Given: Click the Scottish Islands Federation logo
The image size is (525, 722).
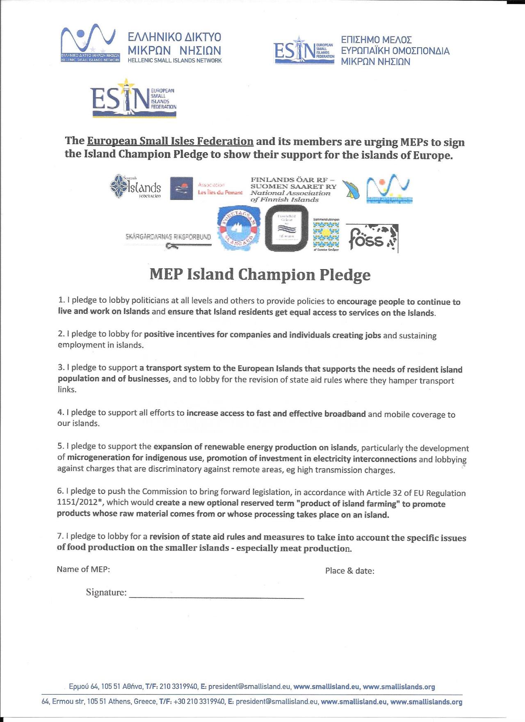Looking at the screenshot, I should [136, 187].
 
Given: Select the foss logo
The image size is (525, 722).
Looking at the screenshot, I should [372, 238].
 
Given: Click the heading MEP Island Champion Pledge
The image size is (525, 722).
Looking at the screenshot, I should [260, 275].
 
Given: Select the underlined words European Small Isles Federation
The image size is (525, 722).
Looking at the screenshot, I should [170, 141].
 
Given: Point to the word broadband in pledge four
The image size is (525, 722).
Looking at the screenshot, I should [345, 414].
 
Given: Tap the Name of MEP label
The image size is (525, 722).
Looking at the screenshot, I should [83, 569].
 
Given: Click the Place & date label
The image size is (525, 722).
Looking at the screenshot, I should [349, 571].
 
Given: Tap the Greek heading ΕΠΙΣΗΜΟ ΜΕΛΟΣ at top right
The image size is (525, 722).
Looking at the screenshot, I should [376, 40].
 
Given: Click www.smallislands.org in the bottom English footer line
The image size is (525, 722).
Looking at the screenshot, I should [426, 701].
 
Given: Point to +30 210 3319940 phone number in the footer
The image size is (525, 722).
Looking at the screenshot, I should [199, 701].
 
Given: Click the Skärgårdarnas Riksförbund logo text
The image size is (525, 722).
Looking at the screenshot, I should [168, 237].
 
